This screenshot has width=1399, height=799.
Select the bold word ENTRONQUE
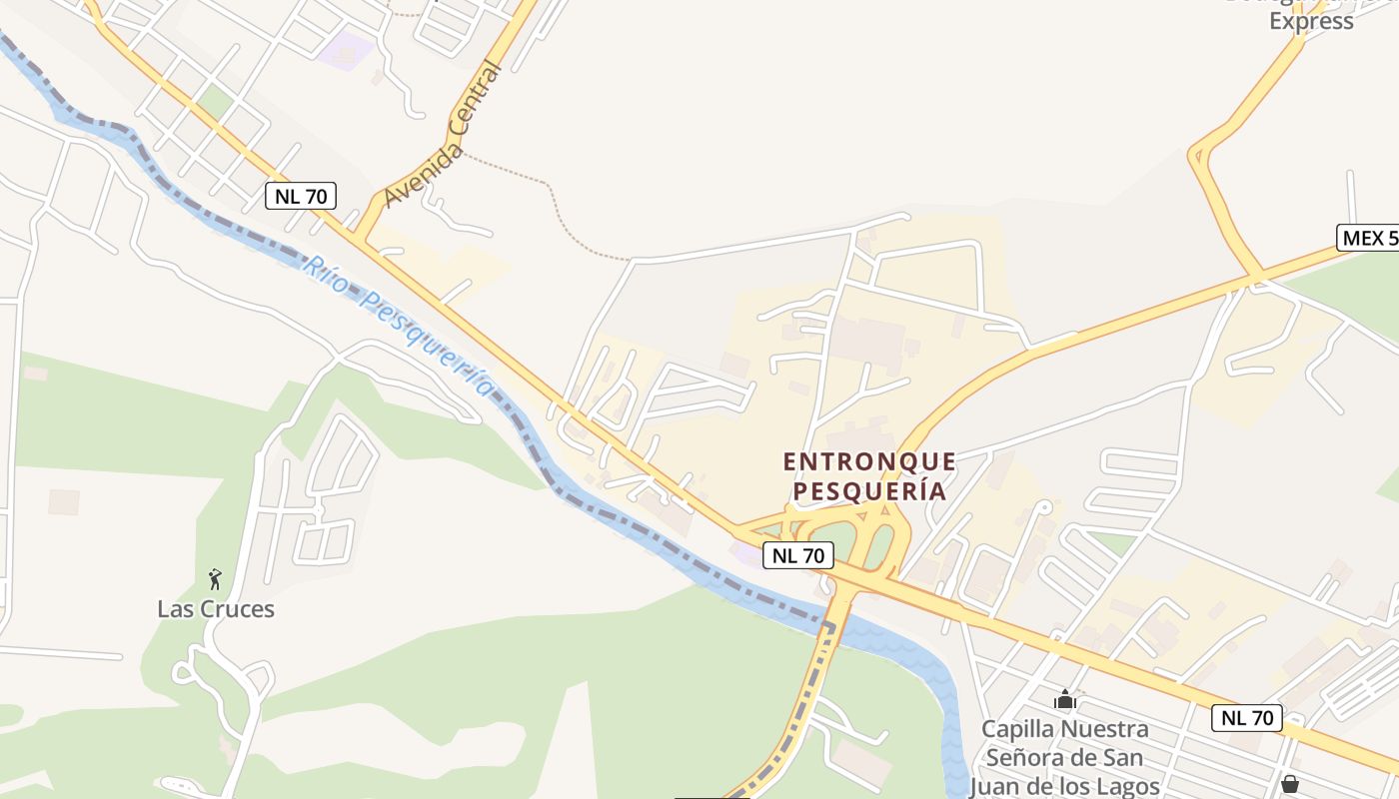tap(869, 461)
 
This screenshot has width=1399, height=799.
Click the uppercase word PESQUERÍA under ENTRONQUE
tap(869, 491)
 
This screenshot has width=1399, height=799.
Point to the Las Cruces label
tap(216, 609)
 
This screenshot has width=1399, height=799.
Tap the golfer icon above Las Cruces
tap(215, 579)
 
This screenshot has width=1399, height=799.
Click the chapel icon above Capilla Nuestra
tap(1065, 699)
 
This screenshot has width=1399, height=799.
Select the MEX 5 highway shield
tap(1367, 238)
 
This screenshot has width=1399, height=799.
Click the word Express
tap(1311, 22)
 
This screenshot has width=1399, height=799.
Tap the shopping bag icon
tap(1290, 784)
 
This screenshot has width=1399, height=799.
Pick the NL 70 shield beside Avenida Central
tap(301, 196)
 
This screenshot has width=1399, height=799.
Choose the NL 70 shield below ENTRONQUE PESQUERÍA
tap(798, 555)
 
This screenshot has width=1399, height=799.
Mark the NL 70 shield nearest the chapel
tap(1248, 717)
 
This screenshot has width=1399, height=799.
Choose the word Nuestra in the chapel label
tap(1105, 729)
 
